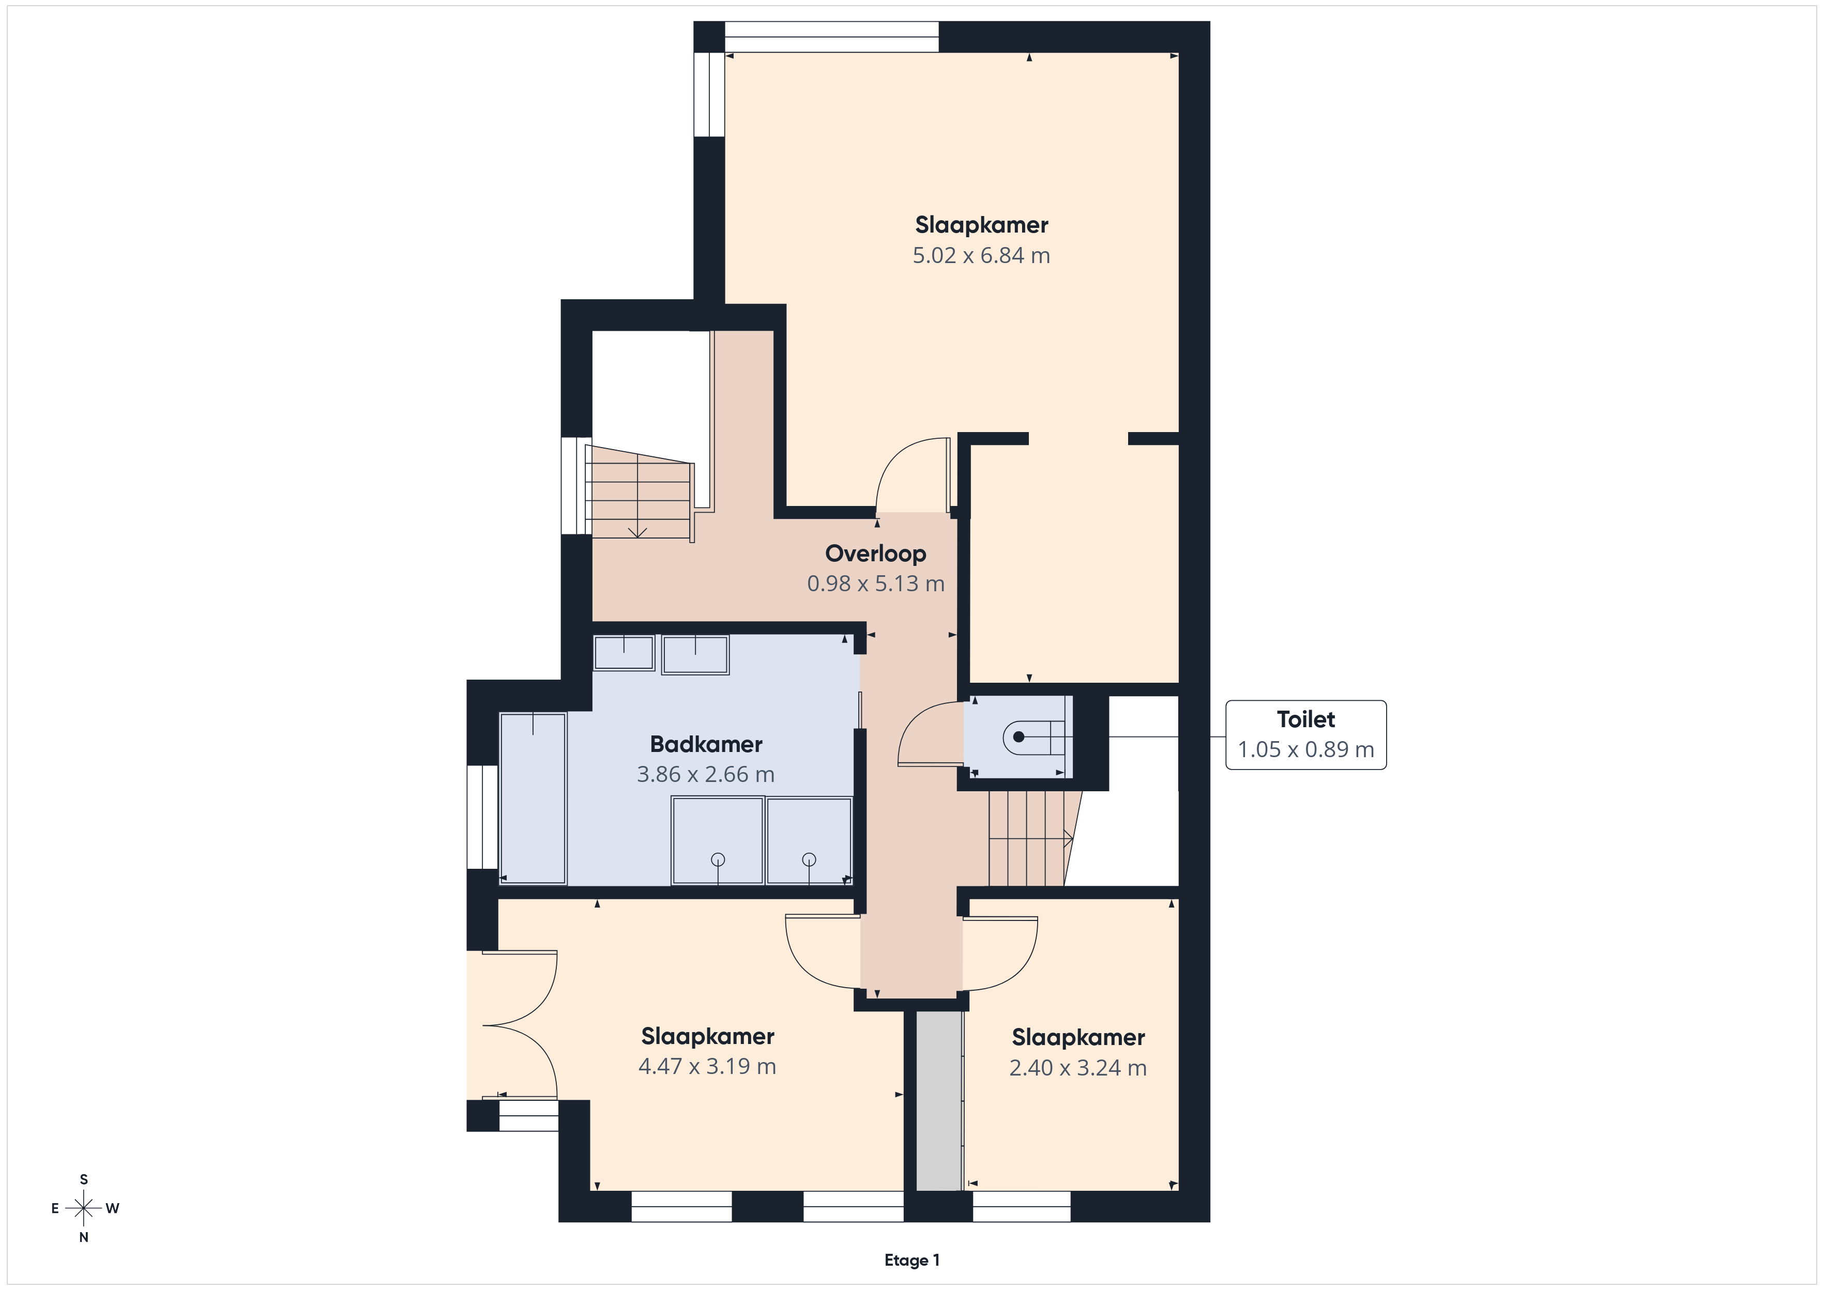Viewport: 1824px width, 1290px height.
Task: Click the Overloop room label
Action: [x=875, y=553]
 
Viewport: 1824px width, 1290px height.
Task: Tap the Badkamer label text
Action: [x=706, y=744]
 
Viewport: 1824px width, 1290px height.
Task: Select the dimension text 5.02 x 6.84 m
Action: [x=981, y=256]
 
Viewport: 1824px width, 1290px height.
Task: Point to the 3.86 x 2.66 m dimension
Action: [x=705, y=775]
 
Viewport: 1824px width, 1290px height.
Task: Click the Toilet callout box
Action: [x=1306, y=735]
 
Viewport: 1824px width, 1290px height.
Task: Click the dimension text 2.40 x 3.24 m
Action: [x=1078, y=1068]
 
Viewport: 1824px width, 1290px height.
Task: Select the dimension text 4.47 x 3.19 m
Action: [x=707, y=1066]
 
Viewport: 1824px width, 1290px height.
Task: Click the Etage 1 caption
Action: [x=912, y=1260]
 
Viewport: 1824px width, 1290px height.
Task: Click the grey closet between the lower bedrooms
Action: [x=939, y=1101]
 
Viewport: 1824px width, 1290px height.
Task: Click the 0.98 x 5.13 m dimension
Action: [x=875, y=584]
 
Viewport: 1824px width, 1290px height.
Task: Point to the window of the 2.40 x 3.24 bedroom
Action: [x=1022, y=1206]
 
